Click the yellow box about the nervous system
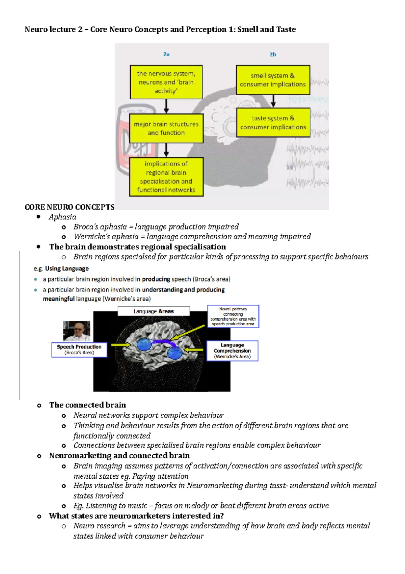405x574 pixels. coord(166,82)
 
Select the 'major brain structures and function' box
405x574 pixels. coord(166,128)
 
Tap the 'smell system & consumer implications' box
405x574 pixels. coord(273,80)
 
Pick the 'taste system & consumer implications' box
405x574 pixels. coord(273,123)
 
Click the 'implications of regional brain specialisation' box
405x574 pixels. coord(166,177)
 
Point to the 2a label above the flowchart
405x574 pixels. coord(166,54)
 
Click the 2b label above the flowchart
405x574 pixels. coord(273,54)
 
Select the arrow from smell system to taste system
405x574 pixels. coord(273,101)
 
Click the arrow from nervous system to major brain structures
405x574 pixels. coord(166,106)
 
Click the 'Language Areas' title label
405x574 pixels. coord(154,311)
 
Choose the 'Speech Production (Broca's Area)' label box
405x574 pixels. coord(79,350)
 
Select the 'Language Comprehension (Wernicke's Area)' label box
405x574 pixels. coord(232,351)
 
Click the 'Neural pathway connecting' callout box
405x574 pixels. coord(233,316)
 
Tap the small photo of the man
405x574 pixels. coord(77,331)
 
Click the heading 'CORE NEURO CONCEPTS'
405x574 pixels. coord(70,207)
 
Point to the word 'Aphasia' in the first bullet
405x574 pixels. coord(62,217)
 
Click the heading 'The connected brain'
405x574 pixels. coord(87,405)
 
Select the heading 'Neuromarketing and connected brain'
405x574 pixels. coord(119,455)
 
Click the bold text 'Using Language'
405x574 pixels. coord(67,269)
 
